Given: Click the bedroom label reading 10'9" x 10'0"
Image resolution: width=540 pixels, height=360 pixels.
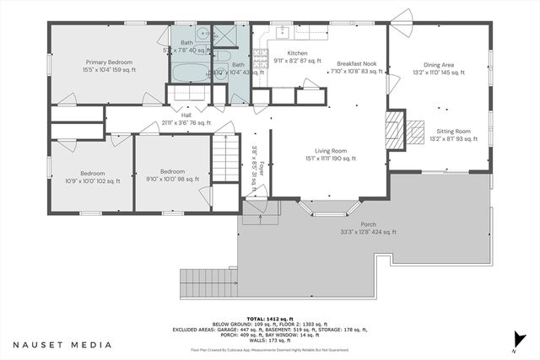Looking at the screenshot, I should (92, 175).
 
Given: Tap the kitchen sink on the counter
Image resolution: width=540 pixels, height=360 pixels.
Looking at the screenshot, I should (282, 34).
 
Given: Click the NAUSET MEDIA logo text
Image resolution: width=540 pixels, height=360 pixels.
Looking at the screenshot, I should (62, 345).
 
